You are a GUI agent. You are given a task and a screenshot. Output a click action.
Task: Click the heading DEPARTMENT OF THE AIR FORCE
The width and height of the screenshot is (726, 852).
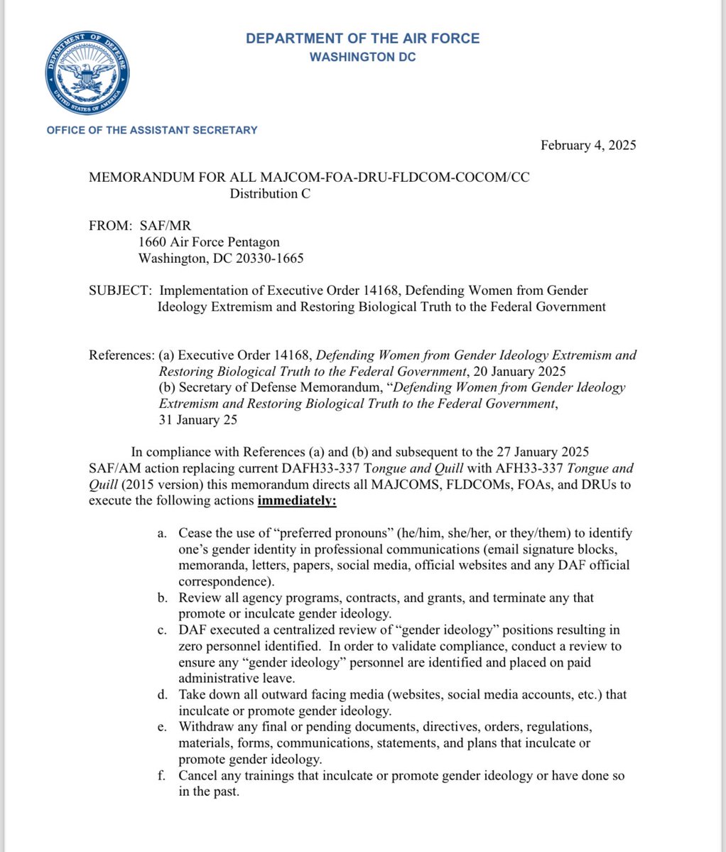pyautogui.click(x=362, y=38)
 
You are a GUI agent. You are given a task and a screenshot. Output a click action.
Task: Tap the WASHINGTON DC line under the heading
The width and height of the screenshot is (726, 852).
pyautogui.click(x=362, y=57)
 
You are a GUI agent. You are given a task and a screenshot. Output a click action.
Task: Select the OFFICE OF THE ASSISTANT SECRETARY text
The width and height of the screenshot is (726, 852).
pyautogui.click(x=152, y=130)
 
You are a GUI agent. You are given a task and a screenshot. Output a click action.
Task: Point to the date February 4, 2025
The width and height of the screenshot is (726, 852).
pyautogui.click(x=588, y=146)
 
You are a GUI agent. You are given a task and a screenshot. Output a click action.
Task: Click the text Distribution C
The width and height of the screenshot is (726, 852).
pyautogui.click(x=270, y=193)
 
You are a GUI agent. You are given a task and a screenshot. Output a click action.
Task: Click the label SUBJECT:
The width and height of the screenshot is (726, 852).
pyautogui.click(x=120, y=291)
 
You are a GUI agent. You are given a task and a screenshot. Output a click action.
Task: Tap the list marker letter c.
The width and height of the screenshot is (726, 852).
pyautogui.click(x=162, y=630)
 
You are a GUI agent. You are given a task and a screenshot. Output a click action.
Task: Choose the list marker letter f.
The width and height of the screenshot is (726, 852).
pyautogui.click(x=162, y=776)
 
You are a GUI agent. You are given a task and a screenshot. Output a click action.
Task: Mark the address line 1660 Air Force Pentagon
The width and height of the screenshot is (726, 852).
pyautogui.click(x=209, y=242)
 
